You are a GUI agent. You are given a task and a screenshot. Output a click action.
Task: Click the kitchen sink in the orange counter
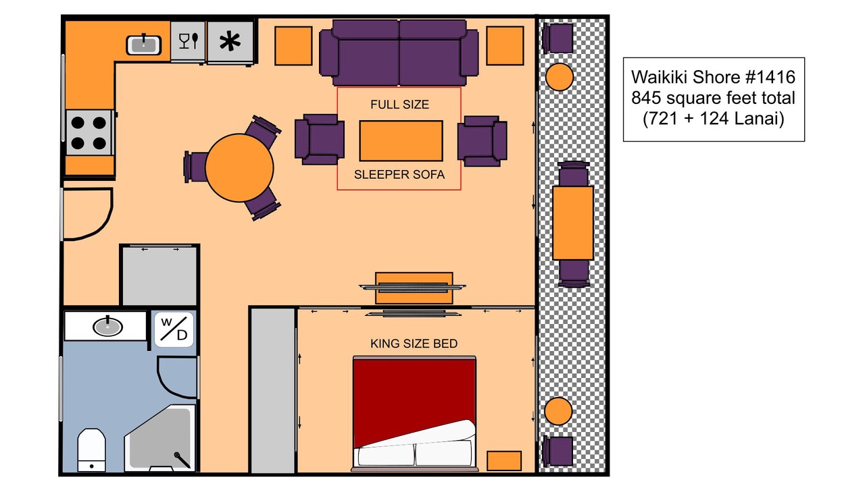coord(144,45)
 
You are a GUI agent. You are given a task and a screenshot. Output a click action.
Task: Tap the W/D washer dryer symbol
coord(174,329)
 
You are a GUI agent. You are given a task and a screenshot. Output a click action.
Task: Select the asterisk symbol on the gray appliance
coord(230,41)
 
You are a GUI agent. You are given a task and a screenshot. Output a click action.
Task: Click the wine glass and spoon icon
coord(189,40)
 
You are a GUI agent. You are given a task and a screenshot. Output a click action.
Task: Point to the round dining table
coord(239,168)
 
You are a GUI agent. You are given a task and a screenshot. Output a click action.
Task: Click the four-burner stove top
coord(89,133)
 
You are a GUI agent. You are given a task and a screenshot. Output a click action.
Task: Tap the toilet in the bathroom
coord(91,450)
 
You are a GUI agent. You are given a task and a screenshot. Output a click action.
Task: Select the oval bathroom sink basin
coord(107,327)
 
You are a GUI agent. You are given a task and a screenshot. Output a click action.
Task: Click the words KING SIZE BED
coord(414,344)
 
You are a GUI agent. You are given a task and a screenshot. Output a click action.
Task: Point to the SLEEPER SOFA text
coord(399,175)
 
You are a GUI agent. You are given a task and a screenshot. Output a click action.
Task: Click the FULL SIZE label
coord(399,105)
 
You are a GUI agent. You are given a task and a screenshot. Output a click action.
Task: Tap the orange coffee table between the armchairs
coord(401,141)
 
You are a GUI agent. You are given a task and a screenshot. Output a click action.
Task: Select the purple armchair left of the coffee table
coord(320,139)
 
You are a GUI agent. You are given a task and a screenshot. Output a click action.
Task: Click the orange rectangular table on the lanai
coord(572,223)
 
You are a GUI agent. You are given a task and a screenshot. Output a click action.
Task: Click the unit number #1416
coord(770,77)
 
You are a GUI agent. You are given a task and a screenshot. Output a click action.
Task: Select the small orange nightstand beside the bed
coord(504,461)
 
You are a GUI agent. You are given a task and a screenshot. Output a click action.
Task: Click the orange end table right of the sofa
coord(505,45)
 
